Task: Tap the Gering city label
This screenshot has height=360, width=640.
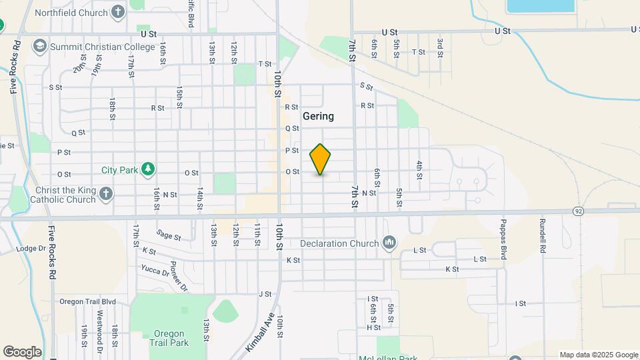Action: [318, 116]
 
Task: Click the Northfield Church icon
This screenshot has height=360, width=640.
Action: [118, 13]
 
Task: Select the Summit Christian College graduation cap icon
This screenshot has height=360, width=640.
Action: [39, 46]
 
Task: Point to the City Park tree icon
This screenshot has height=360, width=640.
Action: [148, 170]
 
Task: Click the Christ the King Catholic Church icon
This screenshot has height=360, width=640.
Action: [105, 195]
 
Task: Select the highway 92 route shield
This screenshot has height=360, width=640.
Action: [578, 211]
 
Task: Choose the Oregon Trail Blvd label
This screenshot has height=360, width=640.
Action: [87, 301]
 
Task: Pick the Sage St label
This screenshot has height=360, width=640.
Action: [169, 234]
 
